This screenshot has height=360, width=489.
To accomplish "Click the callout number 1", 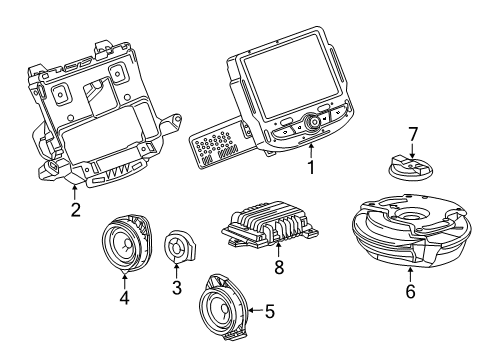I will pyautogui.click(x=312, y=170).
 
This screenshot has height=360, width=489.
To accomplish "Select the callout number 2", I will pyautogui.click(x=75, y=209).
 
